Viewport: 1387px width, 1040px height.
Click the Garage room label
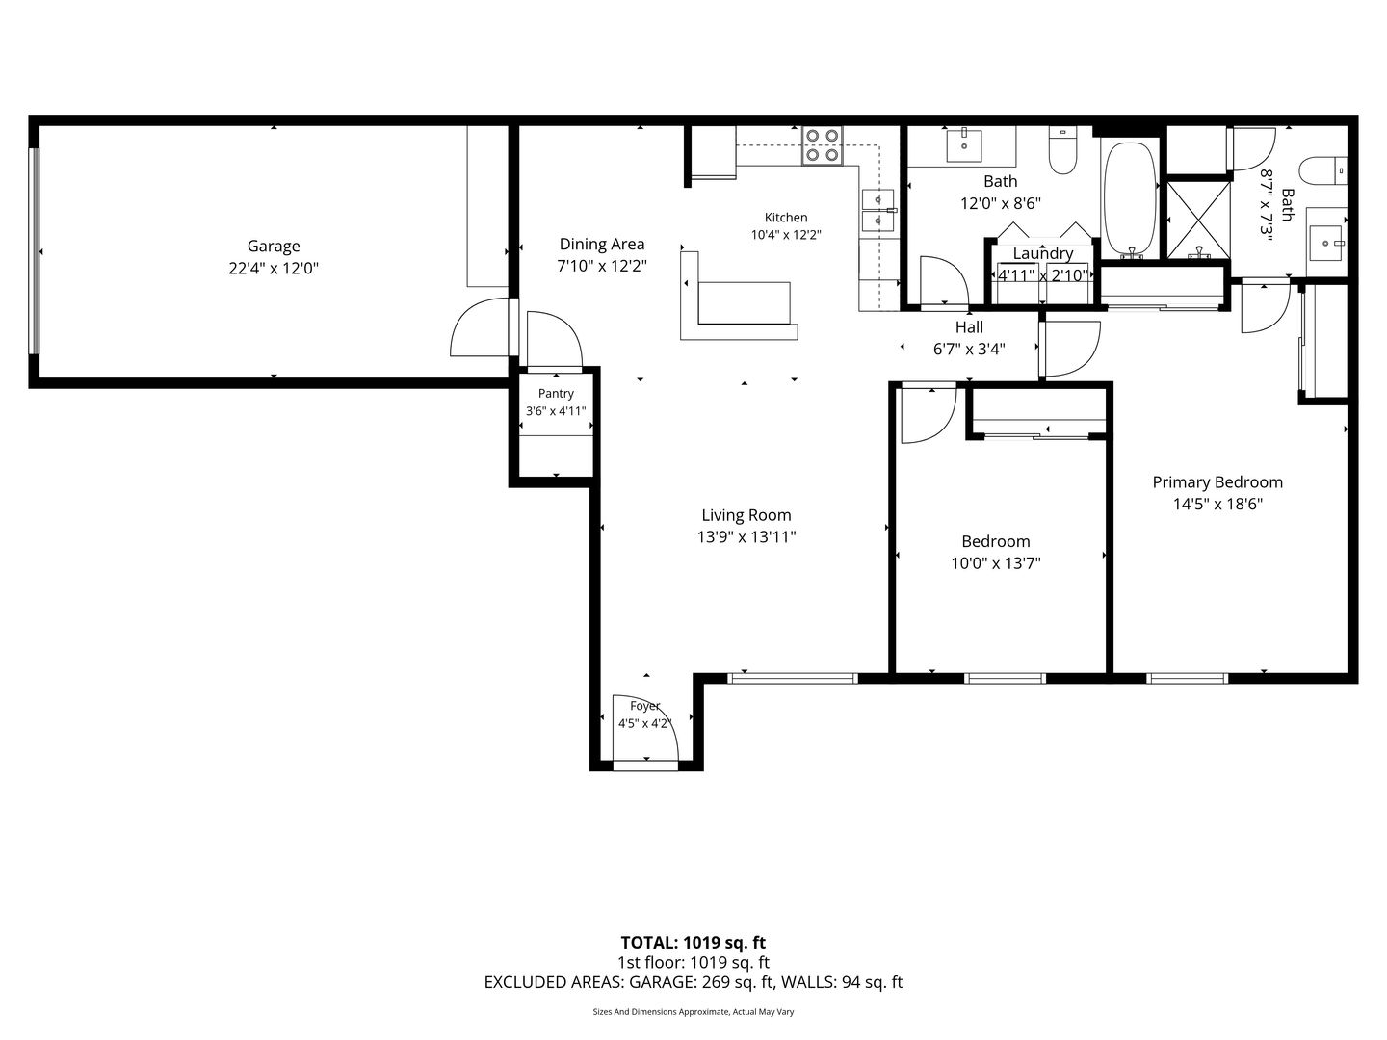[x=273, y=247]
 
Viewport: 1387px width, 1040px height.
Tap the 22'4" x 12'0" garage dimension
[x=273, y=269]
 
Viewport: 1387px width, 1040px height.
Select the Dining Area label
[x=602, y=245]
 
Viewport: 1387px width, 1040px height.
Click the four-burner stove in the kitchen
[x=823, y=145]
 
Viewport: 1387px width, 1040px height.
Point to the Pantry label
[x=556, y=394]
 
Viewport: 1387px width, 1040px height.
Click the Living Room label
[x=746, y=515]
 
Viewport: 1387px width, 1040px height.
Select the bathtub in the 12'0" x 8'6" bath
[x=1129, y=199]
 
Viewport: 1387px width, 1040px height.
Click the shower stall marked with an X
[x=1198, y=220]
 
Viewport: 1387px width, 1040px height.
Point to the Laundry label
[x=1042, y=254]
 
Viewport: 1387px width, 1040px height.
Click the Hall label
[x=969, y=327]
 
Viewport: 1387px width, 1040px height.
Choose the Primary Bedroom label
[x=1217, y=482]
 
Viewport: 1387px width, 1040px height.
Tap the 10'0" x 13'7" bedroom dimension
[x=995, y=563]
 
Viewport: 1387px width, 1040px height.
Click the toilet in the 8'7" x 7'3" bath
[x=1322, y=170]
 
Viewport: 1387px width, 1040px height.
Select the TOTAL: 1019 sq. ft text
[x=693, y=943]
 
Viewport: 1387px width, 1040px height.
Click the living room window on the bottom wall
[x=792, y=678]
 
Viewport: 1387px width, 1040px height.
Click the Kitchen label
[x=785, y=218]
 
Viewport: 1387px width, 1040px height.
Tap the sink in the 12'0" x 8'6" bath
[x=963, y=144]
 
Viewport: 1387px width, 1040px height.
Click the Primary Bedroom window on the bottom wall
[x=1188, y=678]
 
